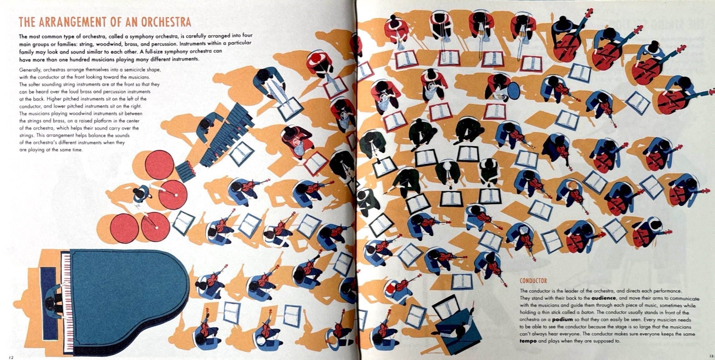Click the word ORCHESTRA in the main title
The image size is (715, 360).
166,22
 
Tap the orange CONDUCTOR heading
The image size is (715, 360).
533,281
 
